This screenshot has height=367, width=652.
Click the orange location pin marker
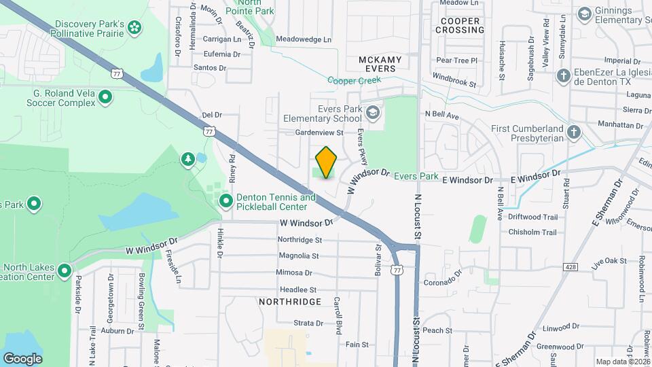327,162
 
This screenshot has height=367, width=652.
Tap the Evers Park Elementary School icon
372,112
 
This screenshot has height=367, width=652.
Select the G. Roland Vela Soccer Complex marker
105,98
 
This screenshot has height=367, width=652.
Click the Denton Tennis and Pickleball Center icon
225,200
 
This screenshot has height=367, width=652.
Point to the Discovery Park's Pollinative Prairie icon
134,28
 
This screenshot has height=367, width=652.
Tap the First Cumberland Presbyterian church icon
574,132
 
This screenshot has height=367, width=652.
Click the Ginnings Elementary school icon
584,14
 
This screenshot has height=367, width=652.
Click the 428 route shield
570,268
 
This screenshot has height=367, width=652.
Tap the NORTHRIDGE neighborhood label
289,301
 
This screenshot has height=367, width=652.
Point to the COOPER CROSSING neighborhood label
459,26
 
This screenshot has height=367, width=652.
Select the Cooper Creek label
354,80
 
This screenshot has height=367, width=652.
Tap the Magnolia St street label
298,256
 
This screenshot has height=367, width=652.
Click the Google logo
22,358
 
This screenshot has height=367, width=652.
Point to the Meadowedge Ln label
304,39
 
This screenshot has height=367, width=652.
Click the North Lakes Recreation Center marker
65,272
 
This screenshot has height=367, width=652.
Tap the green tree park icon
187,159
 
